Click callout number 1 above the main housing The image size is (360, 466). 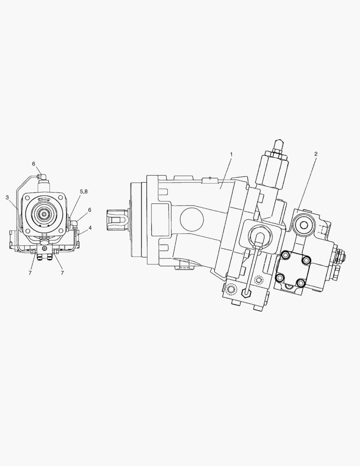[231, 154]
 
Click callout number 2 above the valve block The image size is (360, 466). [316, 154]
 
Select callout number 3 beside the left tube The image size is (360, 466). [7, 197]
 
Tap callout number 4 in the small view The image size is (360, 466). [90, 228]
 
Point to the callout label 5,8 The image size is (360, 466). [84, 192]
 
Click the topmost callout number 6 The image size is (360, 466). [34, 164]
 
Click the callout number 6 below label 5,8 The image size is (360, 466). [89, 210]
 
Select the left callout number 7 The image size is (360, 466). [30, 273]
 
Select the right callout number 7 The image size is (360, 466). [62, 273]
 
